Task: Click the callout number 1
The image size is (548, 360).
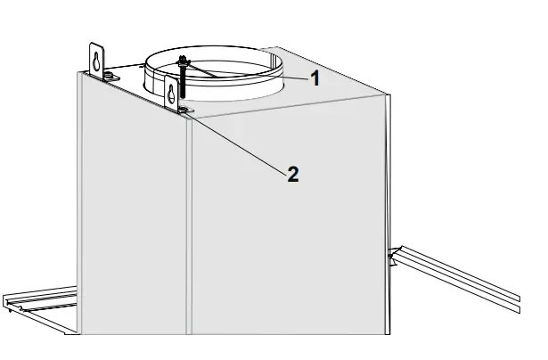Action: tap(315, 77)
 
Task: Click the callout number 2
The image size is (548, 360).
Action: tap(292, 174)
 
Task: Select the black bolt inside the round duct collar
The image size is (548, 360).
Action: tap(183, 85)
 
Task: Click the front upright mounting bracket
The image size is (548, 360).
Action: tap(173, 93)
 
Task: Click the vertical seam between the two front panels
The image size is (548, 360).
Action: tap(189, 223)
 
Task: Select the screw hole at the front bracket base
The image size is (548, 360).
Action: tap(184, 109)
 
